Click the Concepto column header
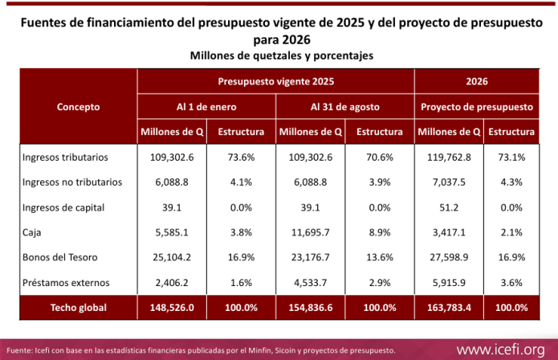coord(79,106)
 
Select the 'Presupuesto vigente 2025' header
coord(275,81)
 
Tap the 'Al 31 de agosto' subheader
coord(345,106)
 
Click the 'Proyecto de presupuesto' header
coord(477,106)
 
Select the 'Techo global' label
coord(78,307)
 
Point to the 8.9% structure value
coord(380,233)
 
